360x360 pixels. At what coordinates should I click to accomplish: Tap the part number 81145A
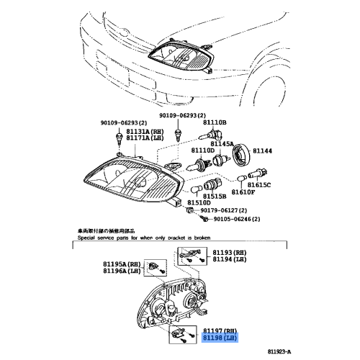click(x=222, y=143)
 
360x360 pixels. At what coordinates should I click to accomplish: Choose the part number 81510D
click(x=199, y=203)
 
